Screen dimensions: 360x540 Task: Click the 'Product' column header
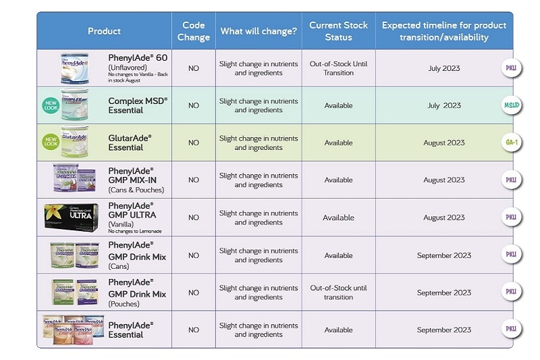(x=104, y=31)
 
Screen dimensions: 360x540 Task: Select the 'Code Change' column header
(x=194, y=31)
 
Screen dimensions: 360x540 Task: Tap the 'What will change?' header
(x=258, y=31)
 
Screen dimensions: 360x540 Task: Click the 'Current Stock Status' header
(x=338, y=31)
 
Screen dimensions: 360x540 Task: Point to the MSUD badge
(x=511, y=105)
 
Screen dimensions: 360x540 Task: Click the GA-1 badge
(x=511, y=143)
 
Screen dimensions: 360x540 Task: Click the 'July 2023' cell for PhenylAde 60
(x=443, y=68)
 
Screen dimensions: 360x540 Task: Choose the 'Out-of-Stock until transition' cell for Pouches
(x=338, y=292)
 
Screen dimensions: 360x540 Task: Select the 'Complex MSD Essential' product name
(x=137, y=105)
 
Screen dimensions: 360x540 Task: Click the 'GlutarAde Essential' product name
(x=130, y=143)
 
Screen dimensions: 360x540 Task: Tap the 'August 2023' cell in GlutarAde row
(x=443, y=143)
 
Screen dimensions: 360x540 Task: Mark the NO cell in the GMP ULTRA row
(x=194, y=217)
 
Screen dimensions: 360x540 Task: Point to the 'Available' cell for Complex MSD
(x=338, y=105)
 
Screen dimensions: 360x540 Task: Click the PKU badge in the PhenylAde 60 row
(x=511, y=68)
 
